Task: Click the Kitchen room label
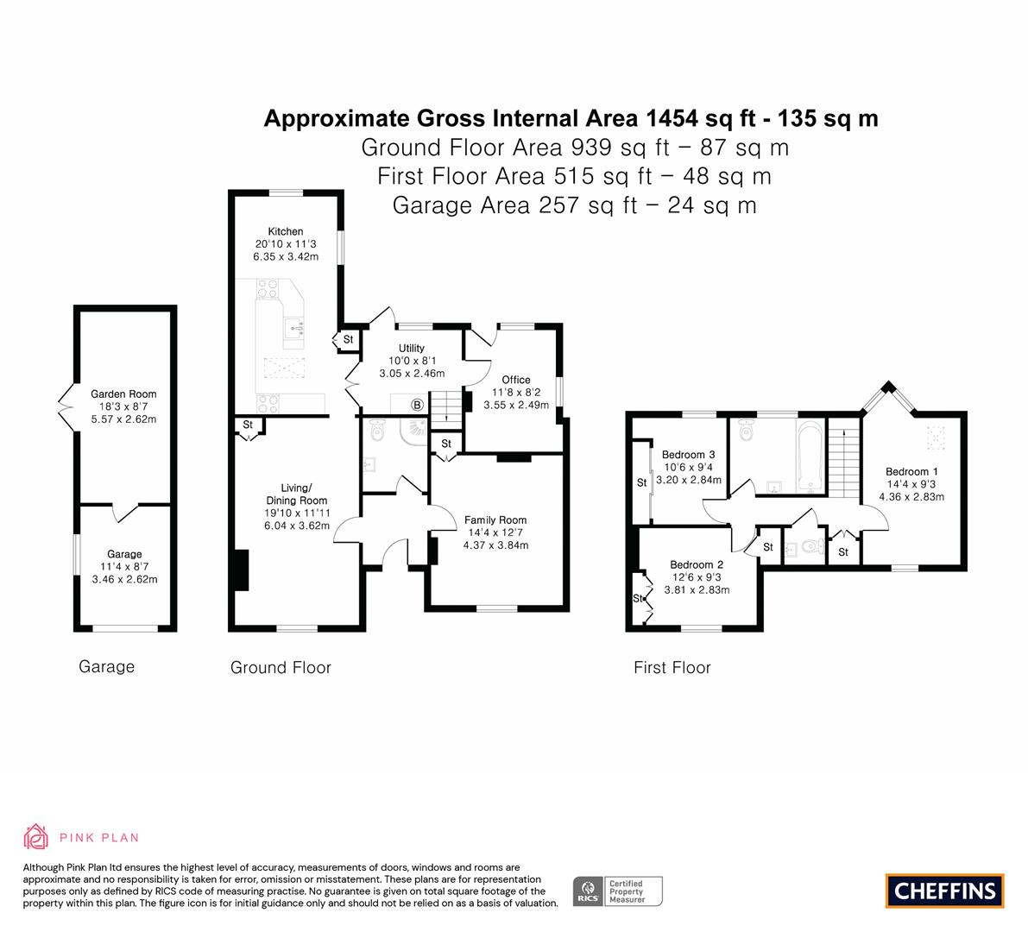(285, 231)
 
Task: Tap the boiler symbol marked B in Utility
(417, 405)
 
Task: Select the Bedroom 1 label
(911, 471)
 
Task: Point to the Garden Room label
(123, 394)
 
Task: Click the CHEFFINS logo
(945, 891)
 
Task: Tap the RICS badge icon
(588, 891)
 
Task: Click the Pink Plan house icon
(36, 836)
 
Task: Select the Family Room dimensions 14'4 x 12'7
(495, 532)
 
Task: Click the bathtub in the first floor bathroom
(810, 457)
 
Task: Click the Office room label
(516, 380)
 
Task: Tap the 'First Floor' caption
(672, 667)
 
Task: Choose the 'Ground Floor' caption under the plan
(281, 667)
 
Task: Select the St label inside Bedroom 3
(642, 482)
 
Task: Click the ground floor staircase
(446, 409)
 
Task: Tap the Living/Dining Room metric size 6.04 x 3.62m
(297, 526)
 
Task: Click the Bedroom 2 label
(697, 564)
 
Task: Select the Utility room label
(412, 348)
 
